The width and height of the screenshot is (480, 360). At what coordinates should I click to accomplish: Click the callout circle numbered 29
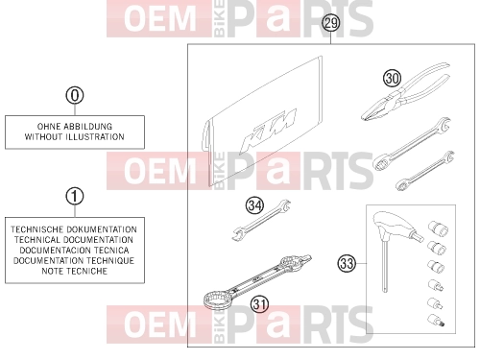pyautogui.click(x=330, y=23)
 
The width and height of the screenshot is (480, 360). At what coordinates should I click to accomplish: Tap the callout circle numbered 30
pyautogui.click(x=392, y=79)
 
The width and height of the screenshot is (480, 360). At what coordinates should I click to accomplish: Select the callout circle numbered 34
pyautogui.click(x=254, y=205)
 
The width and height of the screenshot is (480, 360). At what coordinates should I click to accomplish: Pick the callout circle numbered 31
pyautogui.click(x=259, y=304)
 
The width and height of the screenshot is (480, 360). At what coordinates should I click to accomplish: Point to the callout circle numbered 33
pyautogui.click(x=347, y=263)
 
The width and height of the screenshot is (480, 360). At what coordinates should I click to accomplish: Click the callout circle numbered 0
pyautogui.click(x=75, y=95)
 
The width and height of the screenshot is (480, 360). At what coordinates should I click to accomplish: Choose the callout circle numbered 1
pyautogui.click(x=75, y=196)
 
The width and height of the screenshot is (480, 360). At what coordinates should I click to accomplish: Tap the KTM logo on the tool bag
pyautogui.click(x=268, y=132)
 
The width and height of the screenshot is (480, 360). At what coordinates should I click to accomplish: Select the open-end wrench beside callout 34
pyautogui.click(x=261, y=220)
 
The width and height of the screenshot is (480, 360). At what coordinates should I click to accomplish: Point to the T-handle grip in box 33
pyautogui.click(x=396, y=226)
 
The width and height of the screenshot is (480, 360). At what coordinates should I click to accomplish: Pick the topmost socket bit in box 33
pyautogui.click(x=438, y=228)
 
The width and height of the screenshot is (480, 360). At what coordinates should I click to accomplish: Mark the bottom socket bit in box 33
pyautogui.click(x=436, y=321)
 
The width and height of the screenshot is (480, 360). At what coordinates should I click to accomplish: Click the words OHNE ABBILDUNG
pyautogui.click(x=75, y=127)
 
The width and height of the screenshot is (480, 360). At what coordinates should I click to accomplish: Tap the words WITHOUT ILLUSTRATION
pyautogui.click(x=75, y=137)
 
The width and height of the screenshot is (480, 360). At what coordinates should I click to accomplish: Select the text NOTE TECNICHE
pyautogui.click(x=75, y=271)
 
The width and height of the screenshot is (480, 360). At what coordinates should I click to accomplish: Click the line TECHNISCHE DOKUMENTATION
pyautogui.click(x=74, y=229)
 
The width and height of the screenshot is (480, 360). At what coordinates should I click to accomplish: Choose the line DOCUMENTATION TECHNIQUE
pyautogui.click(x=74, y=260)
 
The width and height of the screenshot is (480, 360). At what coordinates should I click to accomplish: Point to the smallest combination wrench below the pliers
pyautogui.click(x=425, y=171)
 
